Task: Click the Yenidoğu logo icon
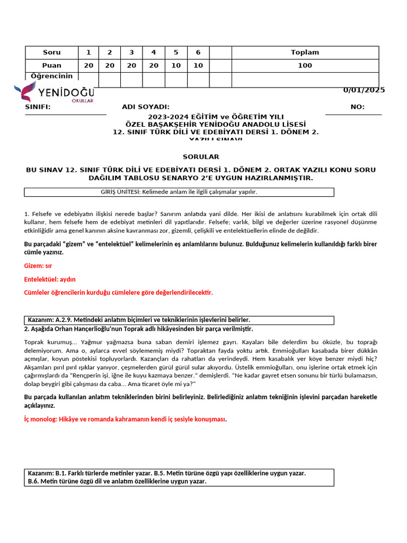(25, 92)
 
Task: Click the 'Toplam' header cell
(305, 52)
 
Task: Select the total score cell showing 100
(305, 66)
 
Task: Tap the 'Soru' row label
(51, 52)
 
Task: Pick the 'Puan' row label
(51, 66)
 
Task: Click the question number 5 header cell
(176, 52)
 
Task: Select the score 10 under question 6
(198, 66)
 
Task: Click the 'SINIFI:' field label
(38, 107)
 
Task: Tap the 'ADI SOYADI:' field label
(146, 107)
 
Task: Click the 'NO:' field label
(357, 107)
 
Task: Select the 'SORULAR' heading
(201, 157)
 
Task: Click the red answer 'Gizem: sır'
(38, 266)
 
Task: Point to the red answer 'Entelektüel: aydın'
(50, 279)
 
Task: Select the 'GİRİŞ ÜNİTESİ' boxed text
(179, 192)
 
